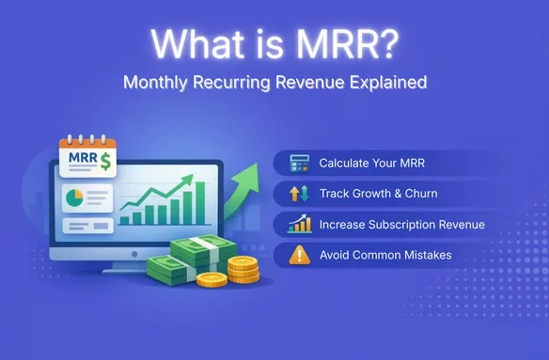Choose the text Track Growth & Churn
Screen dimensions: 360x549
pos(378,194)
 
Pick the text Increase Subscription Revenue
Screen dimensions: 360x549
pos(401,224)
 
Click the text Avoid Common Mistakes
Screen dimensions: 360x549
pos(384,254)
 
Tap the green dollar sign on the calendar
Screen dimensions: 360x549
pos(105,162)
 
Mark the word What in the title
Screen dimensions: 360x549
pos(196,42)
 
